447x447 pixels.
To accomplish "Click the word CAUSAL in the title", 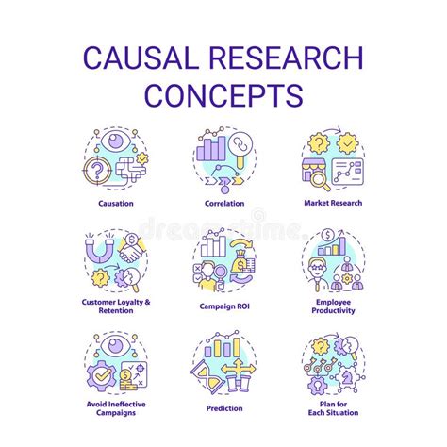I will point(139,58).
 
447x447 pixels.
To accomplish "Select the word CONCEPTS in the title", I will point(223,95).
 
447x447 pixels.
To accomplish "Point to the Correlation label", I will point(223,202).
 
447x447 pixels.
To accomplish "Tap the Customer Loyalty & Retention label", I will point(115,306).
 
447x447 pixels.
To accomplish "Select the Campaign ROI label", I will point(223,306).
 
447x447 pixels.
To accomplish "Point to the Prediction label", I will point(223,408).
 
